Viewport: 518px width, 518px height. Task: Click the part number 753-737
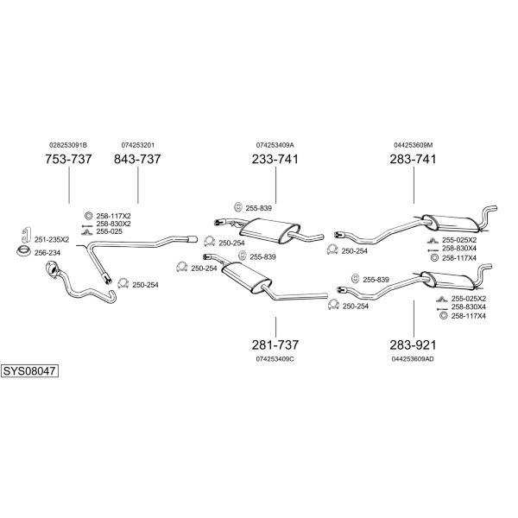pos(68,159)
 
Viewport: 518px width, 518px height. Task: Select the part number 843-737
pos(137,159)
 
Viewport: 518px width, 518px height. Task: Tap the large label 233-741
pos(275,159)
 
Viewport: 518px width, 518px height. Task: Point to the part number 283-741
pos(413,159)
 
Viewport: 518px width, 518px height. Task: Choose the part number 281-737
pos(275,344)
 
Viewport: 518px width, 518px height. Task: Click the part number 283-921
pos(413,344)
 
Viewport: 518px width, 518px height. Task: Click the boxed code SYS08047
pos(29,371)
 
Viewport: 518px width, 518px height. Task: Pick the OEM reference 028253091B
pos(68,145)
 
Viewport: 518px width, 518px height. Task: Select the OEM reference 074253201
pos(138,145)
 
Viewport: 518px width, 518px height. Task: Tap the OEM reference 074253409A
pos(275,145)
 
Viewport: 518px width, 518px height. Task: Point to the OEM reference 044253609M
pos(413,145)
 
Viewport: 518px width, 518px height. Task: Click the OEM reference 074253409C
pos(275,359)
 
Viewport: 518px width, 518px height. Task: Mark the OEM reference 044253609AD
pos(413,359)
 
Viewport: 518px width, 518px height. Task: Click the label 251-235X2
pos(52,239)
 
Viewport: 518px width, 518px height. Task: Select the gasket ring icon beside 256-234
pos(24,251)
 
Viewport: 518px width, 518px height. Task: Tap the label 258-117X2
pos(113,216)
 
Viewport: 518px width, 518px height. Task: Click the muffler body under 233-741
pos(269,231)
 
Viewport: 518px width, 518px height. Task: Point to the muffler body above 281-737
pos(246,277)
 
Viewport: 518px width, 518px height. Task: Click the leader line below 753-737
pos(69,185)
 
